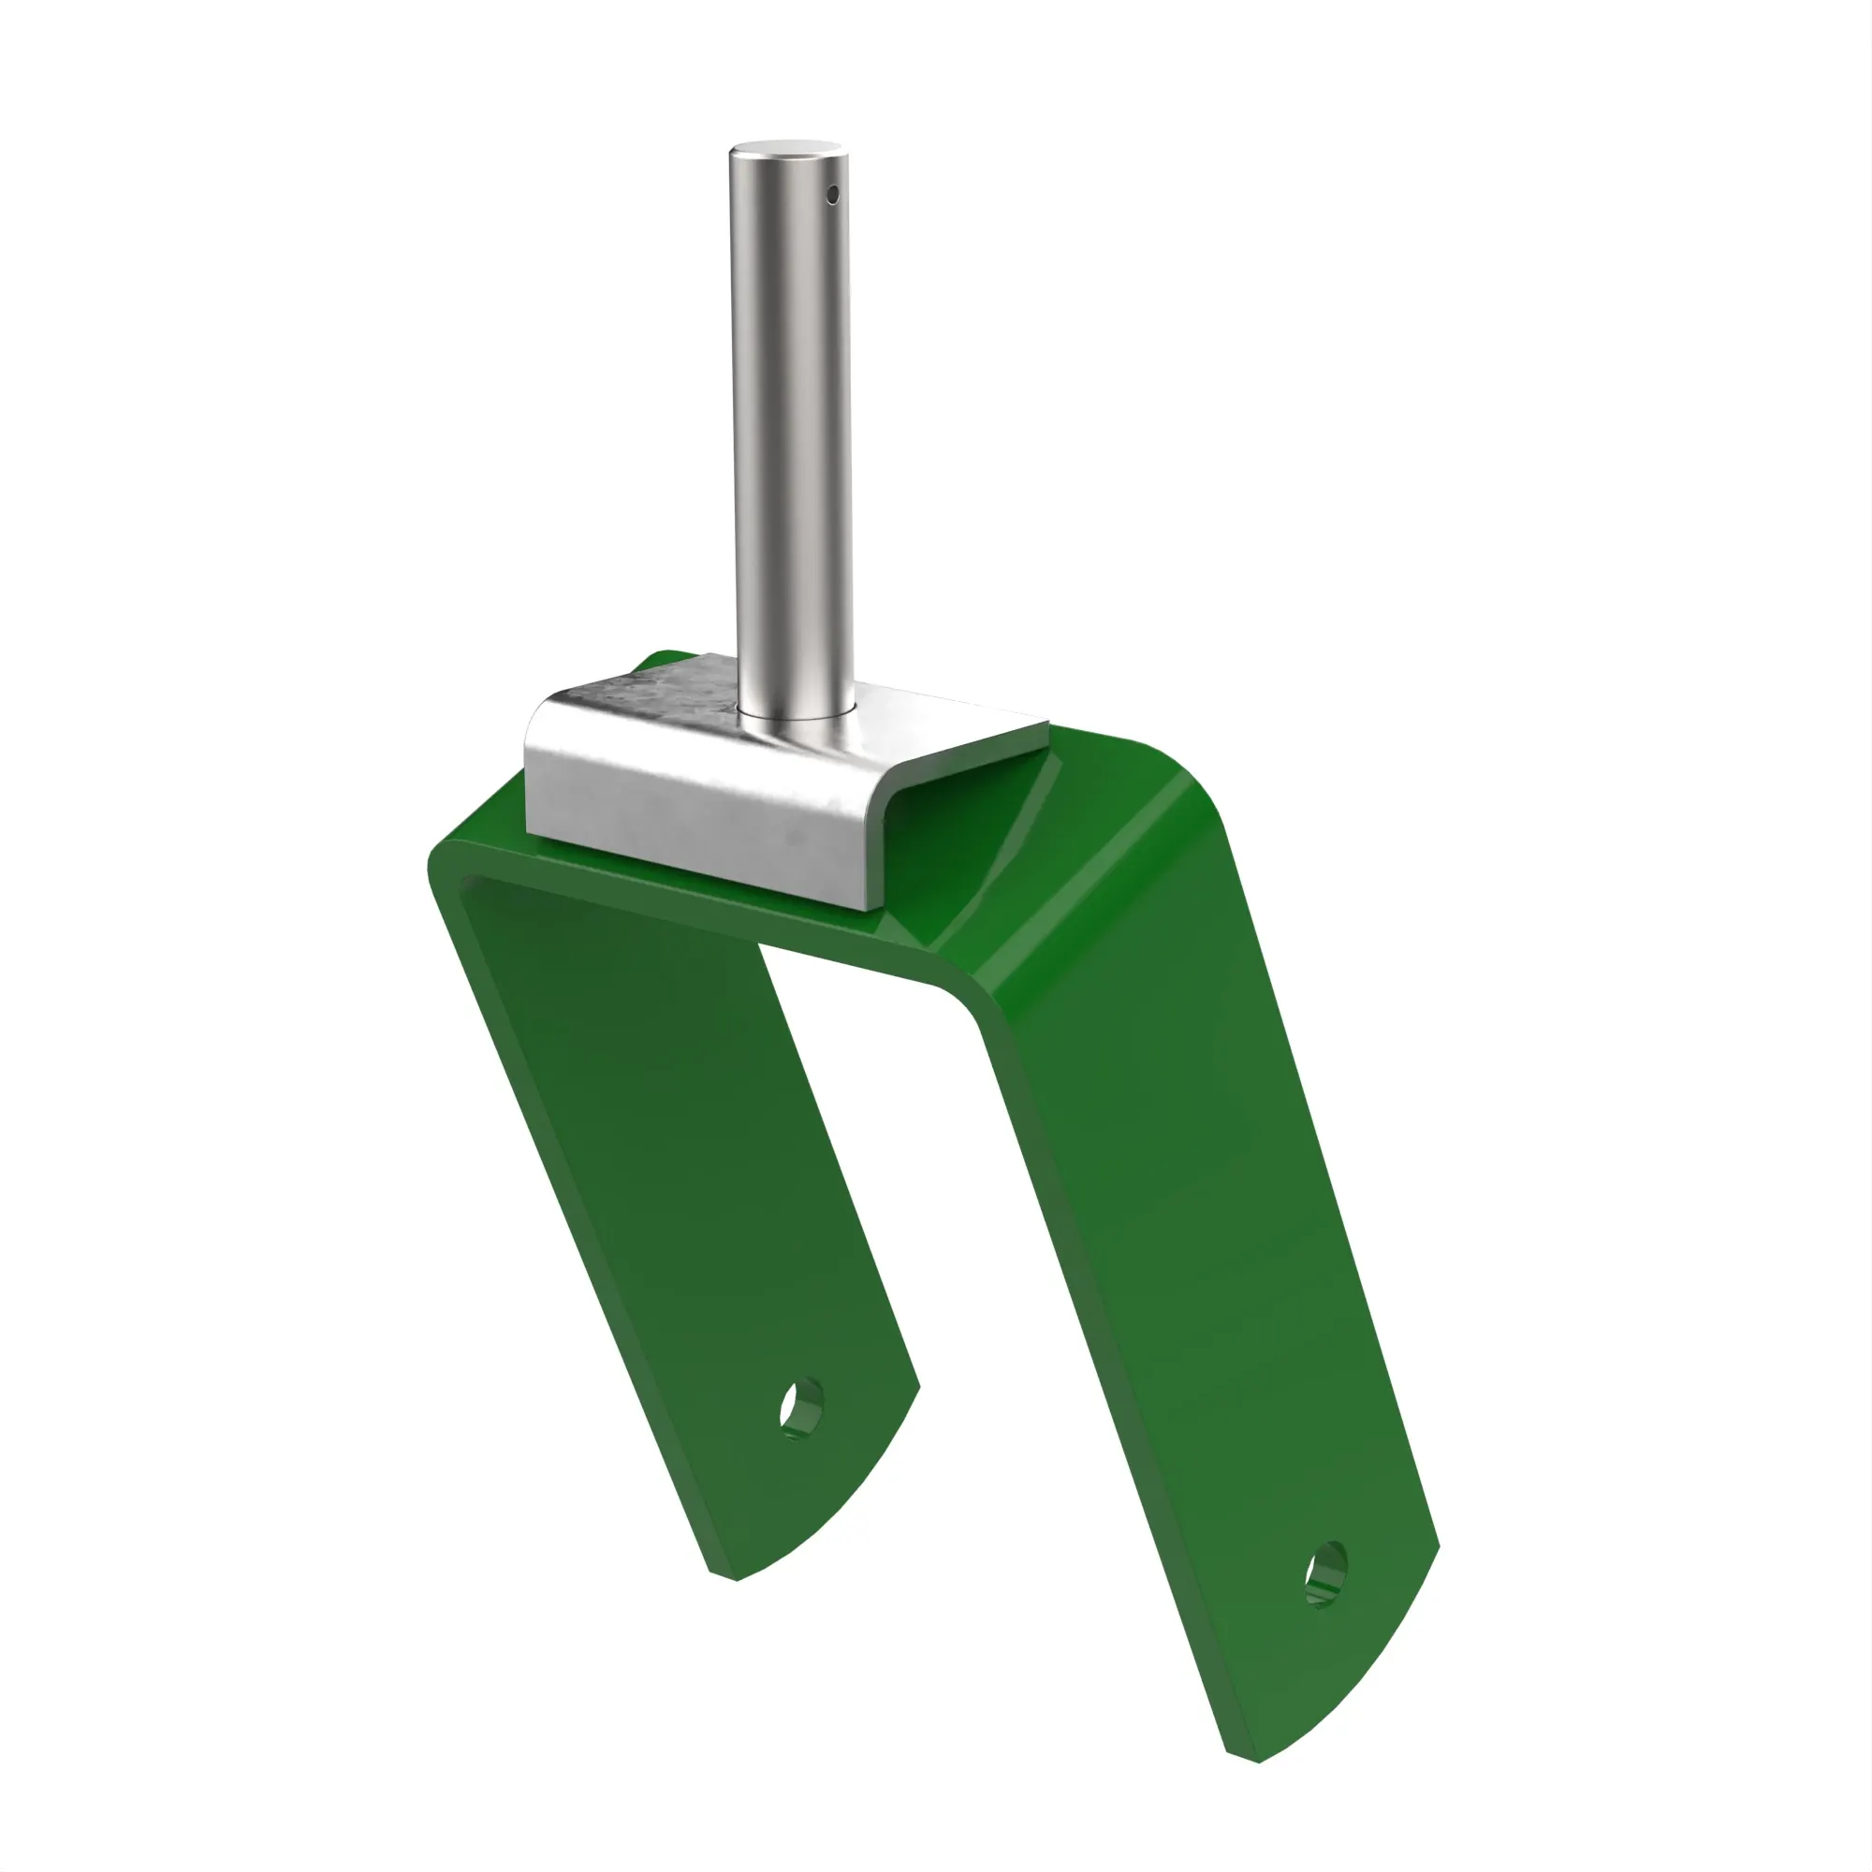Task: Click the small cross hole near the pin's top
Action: pyautogui.click(x=831, y=195)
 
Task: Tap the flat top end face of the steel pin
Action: pyautogui.click(x=786, y=149)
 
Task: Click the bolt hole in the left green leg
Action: pyautogui.click(x=801, y=1406)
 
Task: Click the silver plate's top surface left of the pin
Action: pyautogui.click(x=659, y=697)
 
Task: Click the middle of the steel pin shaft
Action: pyautogui.click(x=793, y=436)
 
